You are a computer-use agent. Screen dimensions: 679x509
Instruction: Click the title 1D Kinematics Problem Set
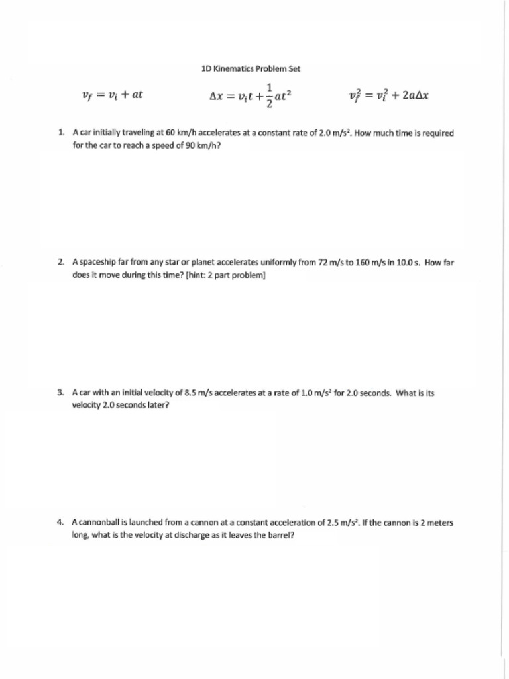[251, 68]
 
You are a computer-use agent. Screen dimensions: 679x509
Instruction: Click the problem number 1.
[61, 133]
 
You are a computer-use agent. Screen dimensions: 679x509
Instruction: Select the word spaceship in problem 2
[98, 263]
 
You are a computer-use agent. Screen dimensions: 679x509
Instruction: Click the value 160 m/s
[367, 263]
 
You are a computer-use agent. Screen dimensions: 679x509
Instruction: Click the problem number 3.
[61, 393]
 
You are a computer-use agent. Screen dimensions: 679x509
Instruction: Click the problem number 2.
[61, 263]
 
